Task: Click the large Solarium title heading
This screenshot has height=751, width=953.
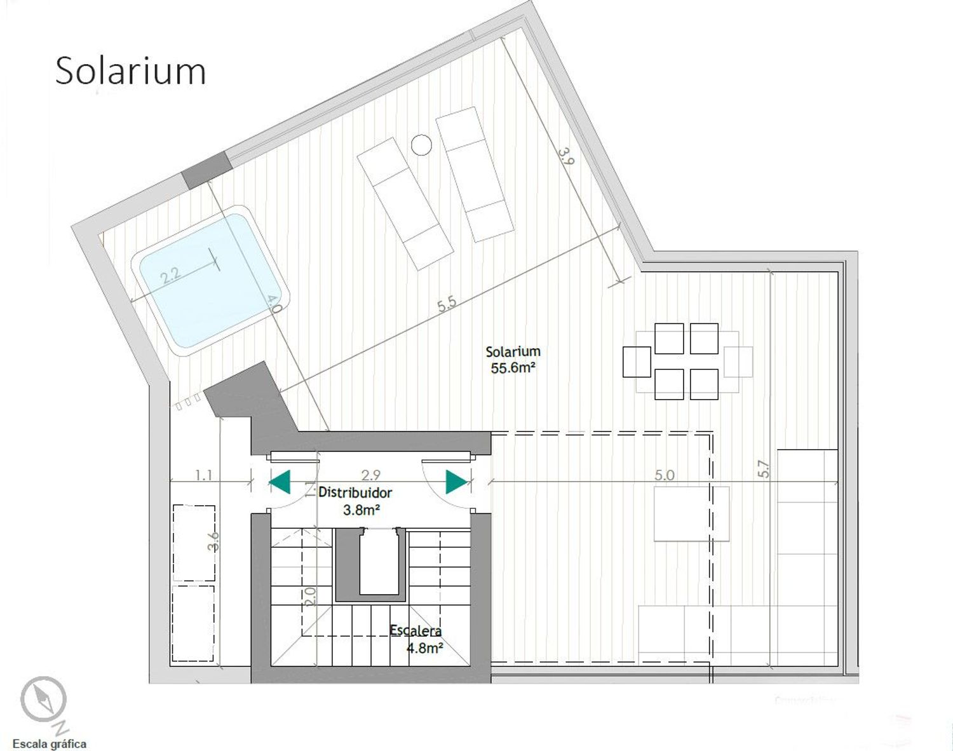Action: pyautogui.click(x=130, y=71)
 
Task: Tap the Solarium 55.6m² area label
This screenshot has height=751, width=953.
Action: pyautogui.click(x=513, y=359)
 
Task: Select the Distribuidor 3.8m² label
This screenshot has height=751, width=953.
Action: pyautogui.click(x=355, y=501)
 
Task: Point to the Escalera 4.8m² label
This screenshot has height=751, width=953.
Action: pyautogui.click(x=417, y=639)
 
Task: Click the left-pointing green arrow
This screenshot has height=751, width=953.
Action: pyautogui.click(x=280, y=482)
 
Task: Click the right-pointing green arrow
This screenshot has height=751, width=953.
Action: pyautogui.click(x=456, y=482)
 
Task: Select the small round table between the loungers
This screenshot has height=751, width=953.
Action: pyautogui.click(x=421, y=145)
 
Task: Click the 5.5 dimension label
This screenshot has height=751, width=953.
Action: pyautogui.click(x=447, y=304)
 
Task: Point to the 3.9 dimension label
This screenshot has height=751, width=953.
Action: pyautogui.click(x=565, y=156)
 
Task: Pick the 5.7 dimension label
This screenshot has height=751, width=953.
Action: pyautogui.click(x=764, y=469)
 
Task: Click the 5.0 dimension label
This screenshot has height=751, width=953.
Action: pyautogui.click(x=665, y=475)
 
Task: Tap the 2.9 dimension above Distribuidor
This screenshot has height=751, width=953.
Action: pyautogui.click(x=370, y=475)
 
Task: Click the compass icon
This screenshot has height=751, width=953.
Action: pyautogui.click(x=43, y=698)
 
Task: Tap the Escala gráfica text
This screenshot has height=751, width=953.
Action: pyautogui.click(x=50, y=743)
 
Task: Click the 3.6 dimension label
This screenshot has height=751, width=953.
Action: pyautogui.click(x=213, y=540)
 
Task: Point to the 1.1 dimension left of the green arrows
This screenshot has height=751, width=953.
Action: pyautogui.click(x=203, y=475)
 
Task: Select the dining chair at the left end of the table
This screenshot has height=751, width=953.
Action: pyautogui.click(x=637, y=362)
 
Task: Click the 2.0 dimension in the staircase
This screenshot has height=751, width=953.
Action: pyautogui.click(x=310, y=596)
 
